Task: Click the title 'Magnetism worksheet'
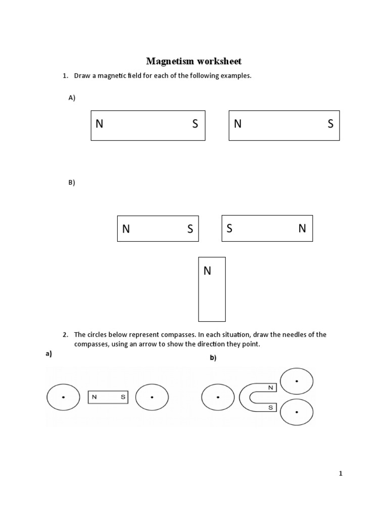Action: coord(194,61)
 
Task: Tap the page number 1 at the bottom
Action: coord(341,474)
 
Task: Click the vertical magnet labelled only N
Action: coord(212,298)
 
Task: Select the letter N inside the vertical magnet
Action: coord(207,271)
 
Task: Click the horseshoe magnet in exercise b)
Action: coord(251,397)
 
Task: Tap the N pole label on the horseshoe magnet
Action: coord(271,387)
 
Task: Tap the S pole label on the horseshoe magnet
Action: coord(271,407)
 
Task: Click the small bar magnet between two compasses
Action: coord(108,397)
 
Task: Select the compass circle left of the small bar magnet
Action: coord(63,398)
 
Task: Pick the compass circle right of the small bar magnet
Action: coord(152,398)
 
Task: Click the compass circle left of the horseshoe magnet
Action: coord(218,398)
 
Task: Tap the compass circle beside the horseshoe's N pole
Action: coord(297,381)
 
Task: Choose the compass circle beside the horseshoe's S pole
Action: coord(297,412)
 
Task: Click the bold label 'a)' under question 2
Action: coord(48,354)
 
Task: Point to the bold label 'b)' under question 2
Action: coord(213,358)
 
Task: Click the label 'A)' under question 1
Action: coord(72,98)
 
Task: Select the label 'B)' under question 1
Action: coord(72,183)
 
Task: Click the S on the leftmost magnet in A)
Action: coord(195,124)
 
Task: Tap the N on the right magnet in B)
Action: coord(302,229)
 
